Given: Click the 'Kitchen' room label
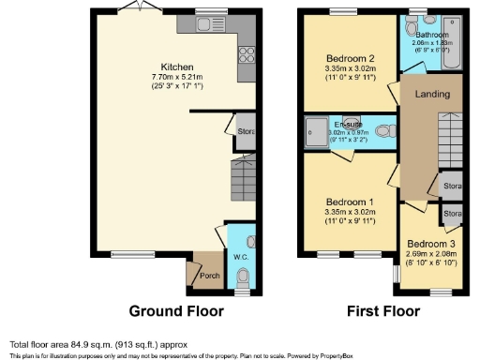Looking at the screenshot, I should tap(177, 67).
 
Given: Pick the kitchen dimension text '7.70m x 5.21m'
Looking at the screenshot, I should tap(177, 77).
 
